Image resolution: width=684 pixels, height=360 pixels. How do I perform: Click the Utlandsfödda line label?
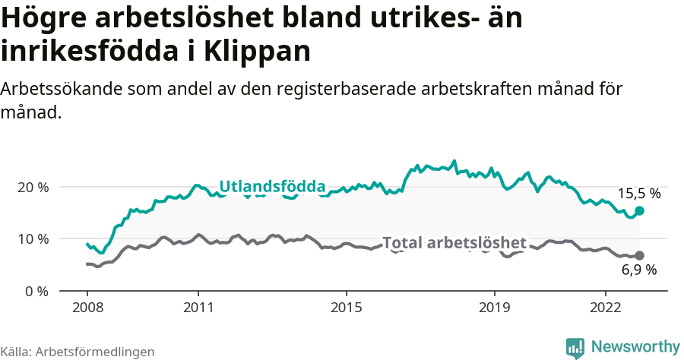(x=272, y=187)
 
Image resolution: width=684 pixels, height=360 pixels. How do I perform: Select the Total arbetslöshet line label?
(x=454, y=243)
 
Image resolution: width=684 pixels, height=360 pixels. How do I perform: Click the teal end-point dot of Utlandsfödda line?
(x=639, y=210)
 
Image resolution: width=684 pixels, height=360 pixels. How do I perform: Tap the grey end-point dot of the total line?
(x=639, y=255)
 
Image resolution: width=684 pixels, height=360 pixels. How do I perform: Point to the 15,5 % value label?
(x=638, y=194)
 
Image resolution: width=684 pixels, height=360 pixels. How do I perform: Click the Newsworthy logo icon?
(x=575, y=347)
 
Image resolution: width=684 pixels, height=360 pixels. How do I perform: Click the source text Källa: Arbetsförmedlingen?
(x=78, y=352)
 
